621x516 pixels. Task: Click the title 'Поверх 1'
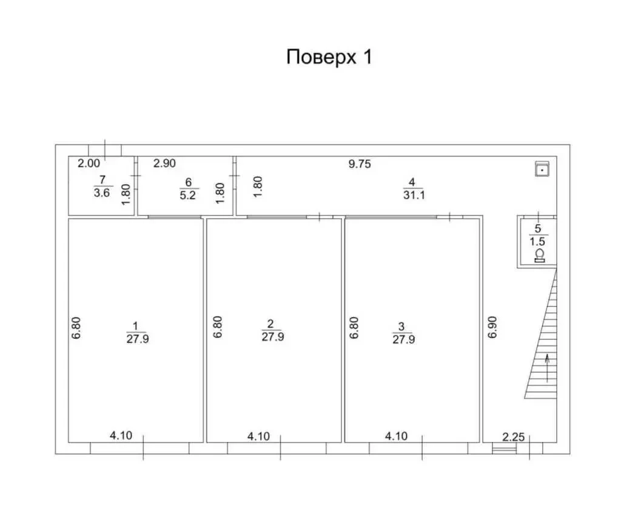tap(329, 57)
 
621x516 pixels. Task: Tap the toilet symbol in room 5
tap(539, 256)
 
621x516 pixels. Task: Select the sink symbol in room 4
tap(542, 168)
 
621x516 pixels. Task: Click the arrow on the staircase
tap(548, 368)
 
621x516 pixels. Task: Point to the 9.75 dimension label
tap(360, 164)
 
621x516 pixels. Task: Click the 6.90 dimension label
tap(492, 327)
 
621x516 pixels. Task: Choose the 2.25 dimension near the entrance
tap(513, 437)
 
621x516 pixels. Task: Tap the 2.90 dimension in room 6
tap(164, 163)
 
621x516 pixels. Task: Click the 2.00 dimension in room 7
tap(89, 163)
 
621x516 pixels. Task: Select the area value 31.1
tap(414, 195)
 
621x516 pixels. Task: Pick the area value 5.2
tap(188, 195)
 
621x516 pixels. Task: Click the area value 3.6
tap(102, 193)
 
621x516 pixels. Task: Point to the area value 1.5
tap(537, 242)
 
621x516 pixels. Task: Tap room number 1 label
tap(135, 326)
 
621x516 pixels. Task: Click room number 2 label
tap(270, 324)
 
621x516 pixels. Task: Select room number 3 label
tap(401, 327)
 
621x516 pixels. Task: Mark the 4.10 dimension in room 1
tap(121, 435)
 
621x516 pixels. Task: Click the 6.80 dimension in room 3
tap(354, 327)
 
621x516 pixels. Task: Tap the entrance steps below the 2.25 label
tap(505, 449)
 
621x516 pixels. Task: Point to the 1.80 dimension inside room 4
tap(258, 186)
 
